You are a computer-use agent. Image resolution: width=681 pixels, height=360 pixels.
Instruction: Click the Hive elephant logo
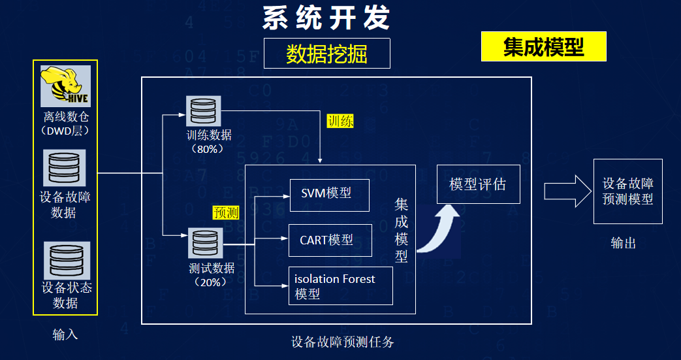[x=65, y=86]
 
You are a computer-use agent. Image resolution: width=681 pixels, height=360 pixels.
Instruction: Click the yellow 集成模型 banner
[x=543, y=46]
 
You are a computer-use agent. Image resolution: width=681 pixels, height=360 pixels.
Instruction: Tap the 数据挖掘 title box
[x=326, y=54]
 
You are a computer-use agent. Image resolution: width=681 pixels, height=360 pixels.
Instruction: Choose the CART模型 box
[x=330, y=240]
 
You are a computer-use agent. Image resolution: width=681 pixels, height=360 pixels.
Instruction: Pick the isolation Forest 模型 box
[x=341, y=286]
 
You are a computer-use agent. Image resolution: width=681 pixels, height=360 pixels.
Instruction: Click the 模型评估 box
[x=478, y=184]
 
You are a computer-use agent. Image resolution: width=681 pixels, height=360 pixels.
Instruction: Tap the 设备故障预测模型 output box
[x=628, y=191]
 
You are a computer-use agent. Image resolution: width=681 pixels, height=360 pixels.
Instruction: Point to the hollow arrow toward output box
[x=568, y=191]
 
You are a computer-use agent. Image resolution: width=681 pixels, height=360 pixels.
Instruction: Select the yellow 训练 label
[x=341, y=122]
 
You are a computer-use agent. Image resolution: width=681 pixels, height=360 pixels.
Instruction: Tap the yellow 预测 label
[x=226, y=212]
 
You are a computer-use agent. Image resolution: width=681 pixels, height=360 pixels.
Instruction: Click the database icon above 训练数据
[x=203, y=111]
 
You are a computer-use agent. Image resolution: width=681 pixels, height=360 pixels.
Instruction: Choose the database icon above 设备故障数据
[x=64, y=168]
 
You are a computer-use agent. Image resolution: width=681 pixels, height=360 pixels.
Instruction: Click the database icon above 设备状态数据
[x=67, y=261]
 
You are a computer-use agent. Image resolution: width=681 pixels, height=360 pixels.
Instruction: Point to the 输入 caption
[x=65, y=335]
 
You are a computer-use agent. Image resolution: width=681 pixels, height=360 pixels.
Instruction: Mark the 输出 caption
[x=624, y=244]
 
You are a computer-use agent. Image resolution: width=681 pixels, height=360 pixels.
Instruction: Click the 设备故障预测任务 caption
[x=343, y=342]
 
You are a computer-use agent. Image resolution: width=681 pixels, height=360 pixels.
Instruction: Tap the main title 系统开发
[x=326, y=18]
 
